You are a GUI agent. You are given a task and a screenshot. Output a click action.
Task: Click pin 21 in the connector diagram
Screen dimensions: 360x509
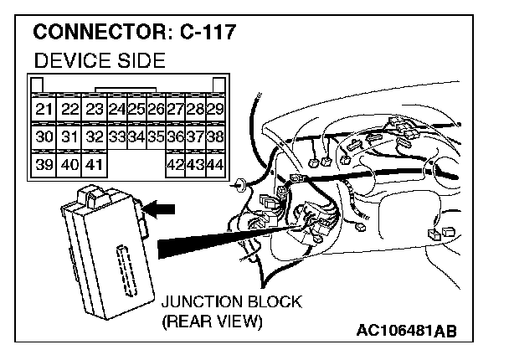(43, 110)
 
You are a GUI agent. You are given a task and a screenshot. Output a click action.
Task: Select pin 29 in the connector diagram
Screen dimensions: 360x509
(214, 110)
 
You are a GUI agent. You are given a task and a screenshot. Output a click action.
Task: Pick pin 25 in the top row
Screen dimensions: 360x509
(136, 110)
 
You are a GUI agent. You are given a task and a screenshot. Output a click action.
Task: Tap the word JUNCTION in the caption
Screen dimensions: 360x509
(199, 302)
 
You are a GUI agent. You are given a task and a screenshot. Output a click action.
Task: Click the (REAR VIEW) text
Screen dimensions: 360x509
(210, 321)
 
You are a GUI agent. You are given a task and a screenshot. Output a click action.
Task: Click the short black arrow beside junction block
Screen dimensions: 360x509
(164, 205)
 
